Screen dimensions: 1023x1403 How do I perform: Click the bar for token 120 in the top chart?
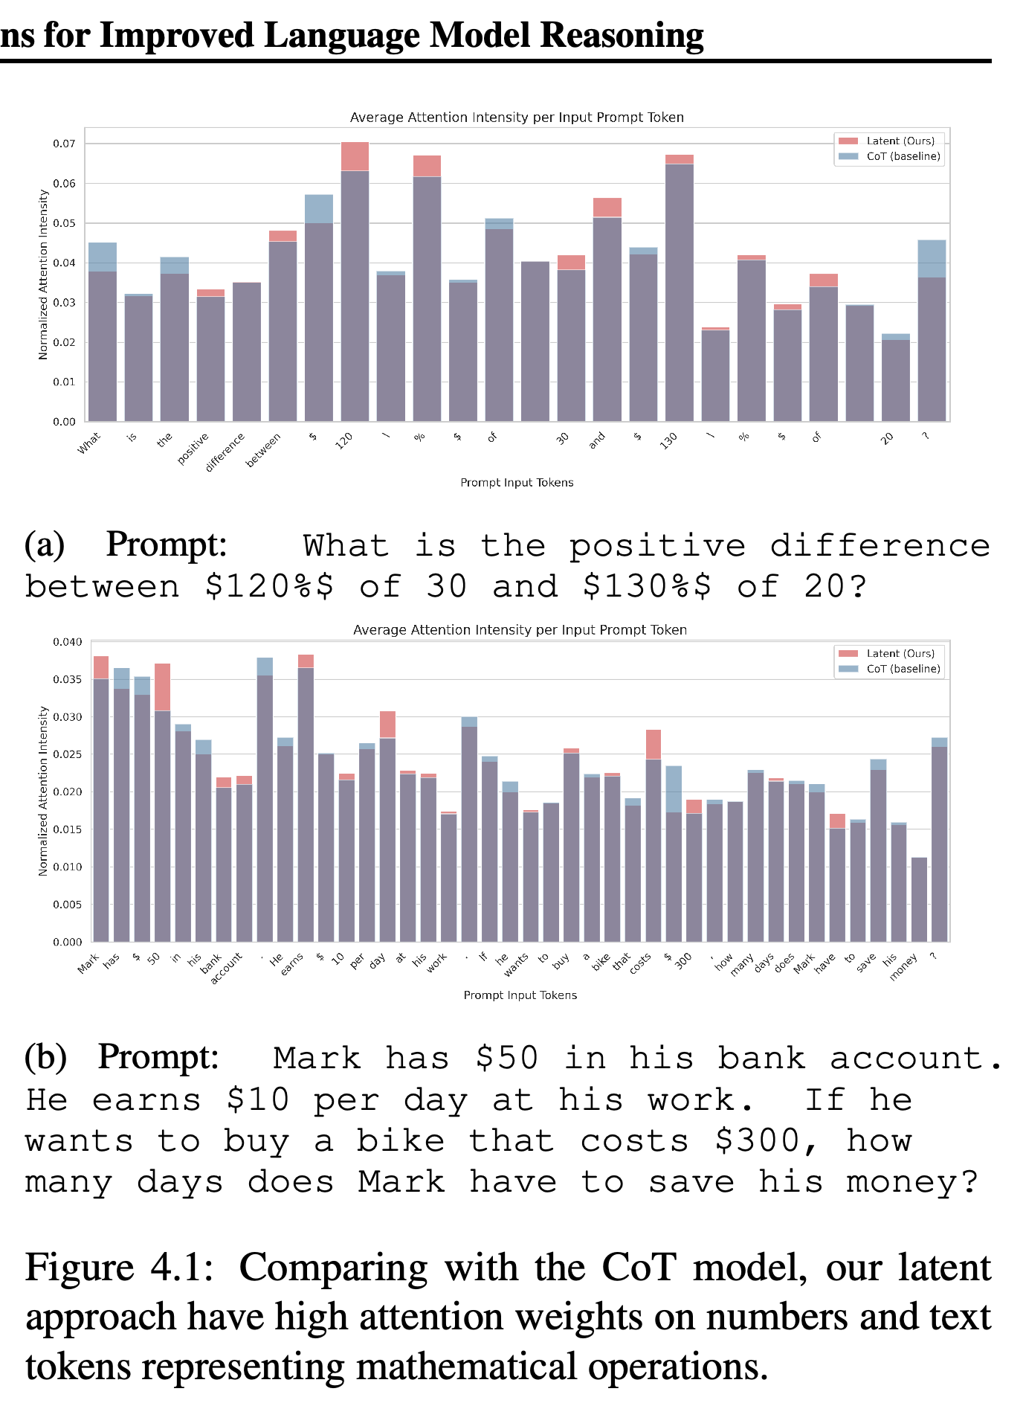coord(355,282)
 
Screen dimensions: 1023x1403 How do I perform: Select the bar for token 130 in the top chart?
coord(680,289)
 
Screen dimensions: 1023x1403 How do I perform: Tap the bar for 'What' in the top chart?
coord(103,333)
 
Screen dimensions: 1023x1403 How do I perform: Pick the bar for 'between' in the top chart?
coord(283,327)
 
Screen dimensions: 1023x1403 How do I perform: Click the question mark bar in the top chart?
coord(932,331)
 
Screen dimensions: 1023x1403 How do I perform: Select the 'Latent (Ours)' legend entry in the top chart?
coord(886,141)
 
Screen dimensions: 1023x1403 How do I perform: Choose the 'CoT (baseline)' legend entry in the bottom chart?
coord(889,669)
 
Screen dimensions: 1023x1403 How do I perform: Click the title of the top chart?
coord(517,118)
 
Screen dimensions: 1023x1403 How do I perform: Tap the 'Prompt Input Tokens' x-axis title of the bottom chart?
coord(520,995)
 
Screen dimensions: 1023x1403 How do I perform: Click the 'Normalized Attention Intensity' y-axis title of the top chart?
coord(43,274)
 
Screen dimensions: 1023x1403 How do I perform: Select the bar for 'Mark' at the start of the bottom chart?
coord(101,799)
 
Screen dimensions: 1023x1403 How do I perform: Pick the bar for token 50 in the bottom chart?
coord(163,803)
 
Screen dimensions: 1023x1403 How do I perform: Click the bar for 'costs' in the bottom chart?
coord(654,835)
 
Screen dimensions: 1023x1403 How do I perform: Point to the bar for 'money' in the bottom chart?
coord(919,899)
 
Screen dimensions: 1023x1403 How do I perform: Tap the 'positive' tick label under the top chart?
coord(193,449)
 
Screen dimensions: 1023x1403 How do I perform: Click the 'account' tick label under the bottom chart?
coord(226,969)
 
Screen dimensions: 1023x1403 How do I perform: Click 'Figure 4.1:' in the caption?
coord(120,1267)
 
